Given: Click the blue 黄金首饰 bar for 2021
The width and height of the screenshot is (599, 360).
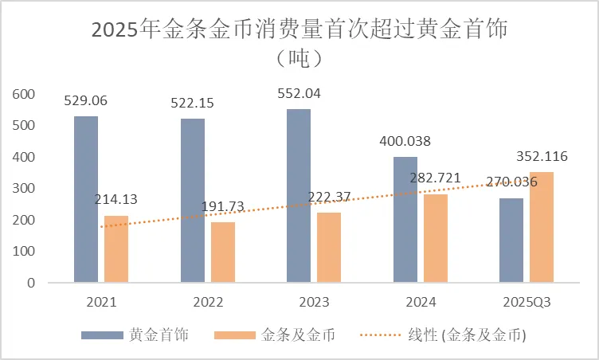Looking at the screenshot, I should tap(86, 199).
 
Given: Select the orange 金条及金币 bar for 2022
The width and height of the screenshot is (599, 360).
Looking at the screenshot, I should tap(223, 252).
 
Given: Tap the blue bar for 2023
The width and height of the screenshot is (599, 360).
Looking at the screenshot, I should tap(299, 196).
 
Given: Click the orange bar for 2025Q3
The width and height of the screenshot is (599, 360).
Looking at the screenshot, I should tap(542, 227).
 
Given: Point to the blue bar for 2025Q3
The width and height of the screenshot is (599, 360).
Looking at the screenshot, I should tap(511, 241).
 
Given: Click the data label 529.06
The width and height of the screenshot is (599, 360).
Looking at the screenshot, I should tap(86, 101).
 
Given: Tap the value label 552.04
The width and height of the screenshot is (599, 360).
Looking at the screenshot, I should tap(299, 93).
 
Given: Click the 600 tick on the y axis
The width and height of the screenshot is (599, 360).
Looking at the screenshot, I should tap(25, 95).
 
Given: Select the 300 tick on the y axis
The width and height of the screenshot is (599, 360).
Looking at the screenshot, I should tap(25, 189).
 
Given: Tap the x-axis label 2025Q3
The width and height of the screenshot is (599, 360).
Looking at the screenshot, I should tap(527, 303).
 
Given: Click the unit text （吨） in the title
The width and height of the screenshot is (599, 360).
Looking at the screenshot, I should tap(299, 59).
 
